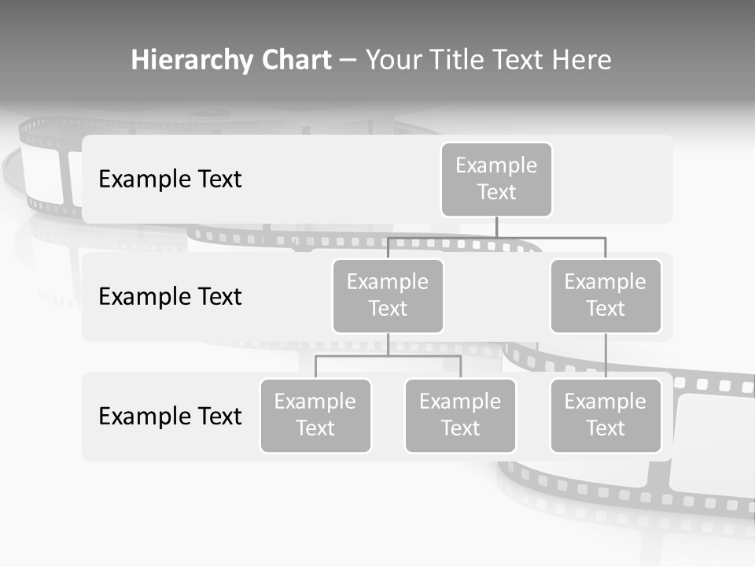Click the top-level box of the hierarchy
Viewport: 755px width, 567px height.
pos(496,179)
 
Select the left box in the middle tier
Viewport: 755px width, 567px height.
pos(388,295)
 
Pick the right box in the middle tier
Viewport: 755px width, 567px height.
pos(606,295)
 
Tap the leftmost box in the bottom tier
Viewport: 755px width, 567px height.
pos(315,415)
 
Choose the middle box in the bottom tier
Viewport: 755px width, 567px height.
pos(460,415)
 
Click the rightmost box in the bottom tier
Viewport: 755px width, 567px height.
pos(606,415)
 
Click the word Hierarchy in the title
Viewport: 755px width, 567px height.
pos(192,61)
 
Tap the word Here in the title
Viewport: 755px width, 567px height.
pos(579,61)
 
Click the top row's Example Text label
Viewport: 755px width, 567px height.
pos(170,179)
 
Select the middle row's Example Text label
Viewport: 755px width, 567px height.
pos(170,296)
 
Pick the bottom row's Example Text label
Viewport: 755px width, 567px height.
pos(170,416)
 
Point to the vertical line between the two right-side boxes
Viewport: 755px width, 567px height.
pos(606,356)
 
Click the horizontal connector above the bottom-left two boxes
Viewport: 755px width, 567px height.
pos(388,356)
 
